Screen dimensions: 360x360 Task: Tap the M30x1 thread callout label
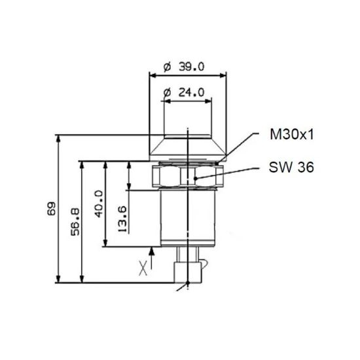293,135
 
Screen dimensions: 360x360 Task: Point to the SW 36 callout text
291,167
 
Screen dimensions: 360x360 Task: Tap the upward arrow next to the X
152,257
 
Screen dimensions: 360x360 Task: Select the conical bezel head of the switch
188,145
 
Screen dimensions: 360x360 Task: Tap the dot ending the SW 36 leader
194,177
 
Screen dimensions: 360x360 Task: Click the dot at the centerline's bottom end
189,283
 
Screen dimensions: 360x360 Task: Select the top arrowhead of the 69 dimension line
59,138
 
